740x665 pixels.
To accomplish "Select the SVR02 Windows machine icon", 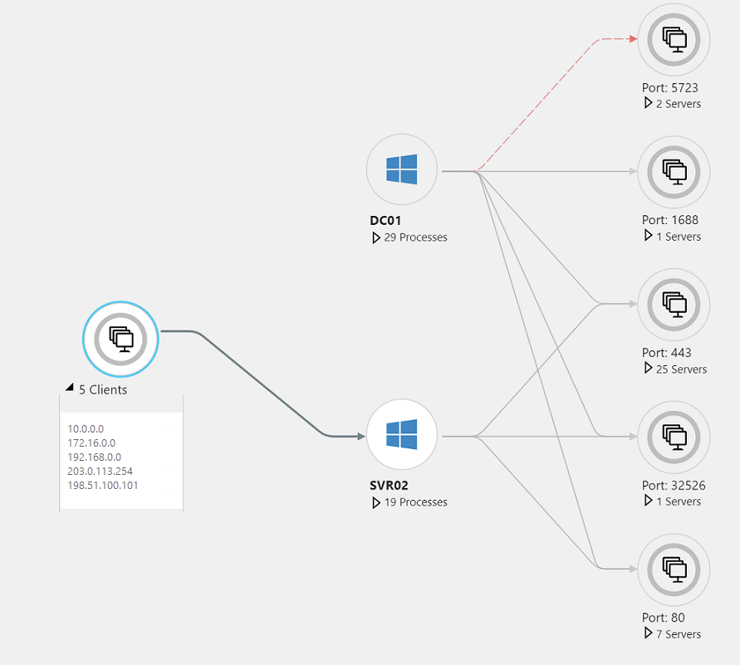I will [402, 434].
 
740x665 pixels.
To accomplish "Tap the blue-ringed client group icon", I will [120, 338].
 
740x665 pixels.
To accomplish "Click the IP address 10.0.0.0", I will [86, 428].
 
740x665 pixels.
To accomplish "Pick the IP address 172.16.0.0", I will [91, 443].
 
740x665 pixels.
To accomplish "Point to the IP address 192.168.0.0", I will [94, 457].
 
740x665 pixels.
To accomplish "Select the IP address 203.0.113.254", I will [100, 471].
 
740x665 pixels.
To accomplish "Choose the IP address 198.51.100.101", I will [103, 485].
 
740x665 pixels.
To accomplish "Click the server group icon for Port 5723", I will [674, 39].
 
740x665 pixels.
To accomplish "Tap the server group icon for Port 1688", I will [674, 172].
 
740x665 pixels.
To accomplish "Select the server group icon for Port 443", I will [674, 304].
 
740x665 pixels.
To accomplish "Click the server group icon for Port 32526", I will [674, 436].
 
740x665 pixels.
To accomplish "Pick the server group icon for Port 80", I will [674, 569].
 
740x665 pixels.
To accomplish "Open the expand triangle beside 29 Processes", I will [376, 237].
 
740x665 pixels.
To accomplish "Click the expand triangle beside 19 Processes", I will [376, 502].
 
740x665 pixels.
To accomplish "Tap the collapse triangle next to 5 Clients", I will [70, 389].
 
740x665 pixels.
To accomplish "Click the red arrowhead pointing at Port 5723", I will [633, 39].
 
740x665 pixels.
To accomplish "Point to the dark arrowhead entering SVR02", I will [360, 436].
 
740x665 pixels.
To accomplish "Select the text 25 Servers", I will [681, 369].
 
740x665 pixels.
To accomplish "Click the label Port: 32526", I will [673, 485].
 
